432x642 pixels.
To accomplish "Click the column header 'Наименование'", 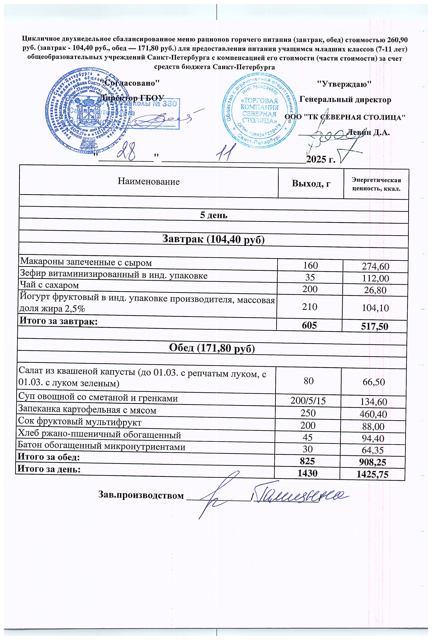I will point(149,182).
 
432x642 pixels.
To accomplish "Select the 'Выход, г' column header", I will point(311,183).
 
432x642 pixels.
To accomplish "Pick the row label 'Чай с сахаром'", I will point(50,285).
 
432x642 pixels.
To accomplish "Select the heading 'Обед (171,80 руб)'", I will point(212,349).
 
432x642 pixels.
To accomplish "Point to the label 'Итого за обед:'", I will point(49,457).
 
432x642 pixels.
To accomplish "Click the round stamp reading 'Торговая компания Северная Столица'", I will point(259,113).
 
